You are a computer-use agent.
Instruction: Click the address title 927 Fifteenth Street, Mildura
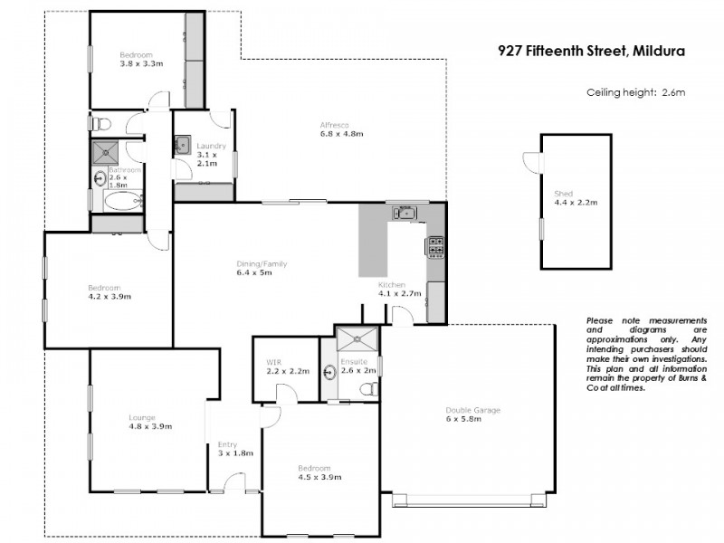point(592,52)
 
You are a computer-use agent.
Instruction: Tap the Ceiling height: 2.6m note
point(636,92)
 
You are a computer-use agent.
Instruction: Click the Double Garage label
point(472,414)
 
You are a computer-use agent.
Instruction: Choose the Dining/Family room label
point(262,268)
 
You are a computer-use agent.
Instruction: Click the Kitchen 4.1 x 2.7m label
point(398,290)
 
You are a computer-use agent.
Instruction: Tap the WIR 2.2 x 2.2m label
point(287,367)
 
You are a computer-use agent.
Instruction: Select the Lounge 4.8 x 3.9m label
point(149,422)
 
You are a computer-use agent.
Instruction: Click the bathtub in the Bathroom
point(116,201)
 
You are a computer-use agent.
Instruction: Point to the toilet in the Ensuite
point(368,389)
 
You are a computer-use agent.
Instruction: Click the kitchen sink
point(404,214)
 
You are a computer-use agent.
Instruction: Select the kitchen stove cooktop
point(435,244)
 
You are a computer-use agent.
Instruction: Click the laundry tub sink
point(182,143)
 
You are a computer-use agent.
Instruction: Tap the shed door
point(530,161)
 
